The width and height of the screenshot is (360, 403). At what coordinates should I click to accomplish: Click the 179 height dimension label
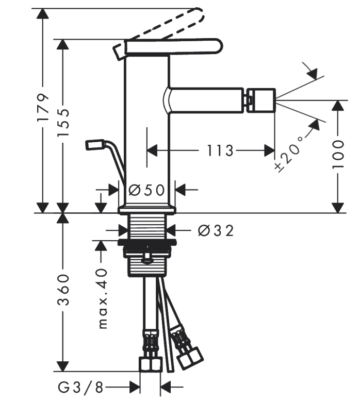click(43, 107)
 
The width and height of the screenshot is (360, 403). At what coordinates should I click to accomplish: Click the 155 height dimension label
click(63, 122)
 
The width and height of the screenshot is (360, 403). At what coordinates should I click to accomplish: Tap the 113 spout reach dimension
click(220, 151)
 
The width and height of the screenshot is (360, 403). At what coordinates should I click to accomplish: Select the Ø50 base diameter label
click(146, 191)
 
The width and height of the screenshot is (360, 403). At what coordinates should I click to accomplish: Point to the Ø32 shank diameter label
click(216, 230)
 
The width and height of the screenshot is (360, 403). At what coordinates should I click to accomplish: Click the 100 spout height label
click(338, 154)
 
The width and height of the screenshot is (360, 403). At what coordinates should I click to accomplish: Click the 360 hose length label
click(63, 290)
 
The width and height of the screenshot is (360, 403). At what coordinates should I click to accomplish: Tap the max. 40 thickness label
click(103, 298)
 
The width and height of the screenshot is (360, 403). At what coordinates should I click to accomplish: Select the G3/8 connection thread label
click(80, 388)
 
